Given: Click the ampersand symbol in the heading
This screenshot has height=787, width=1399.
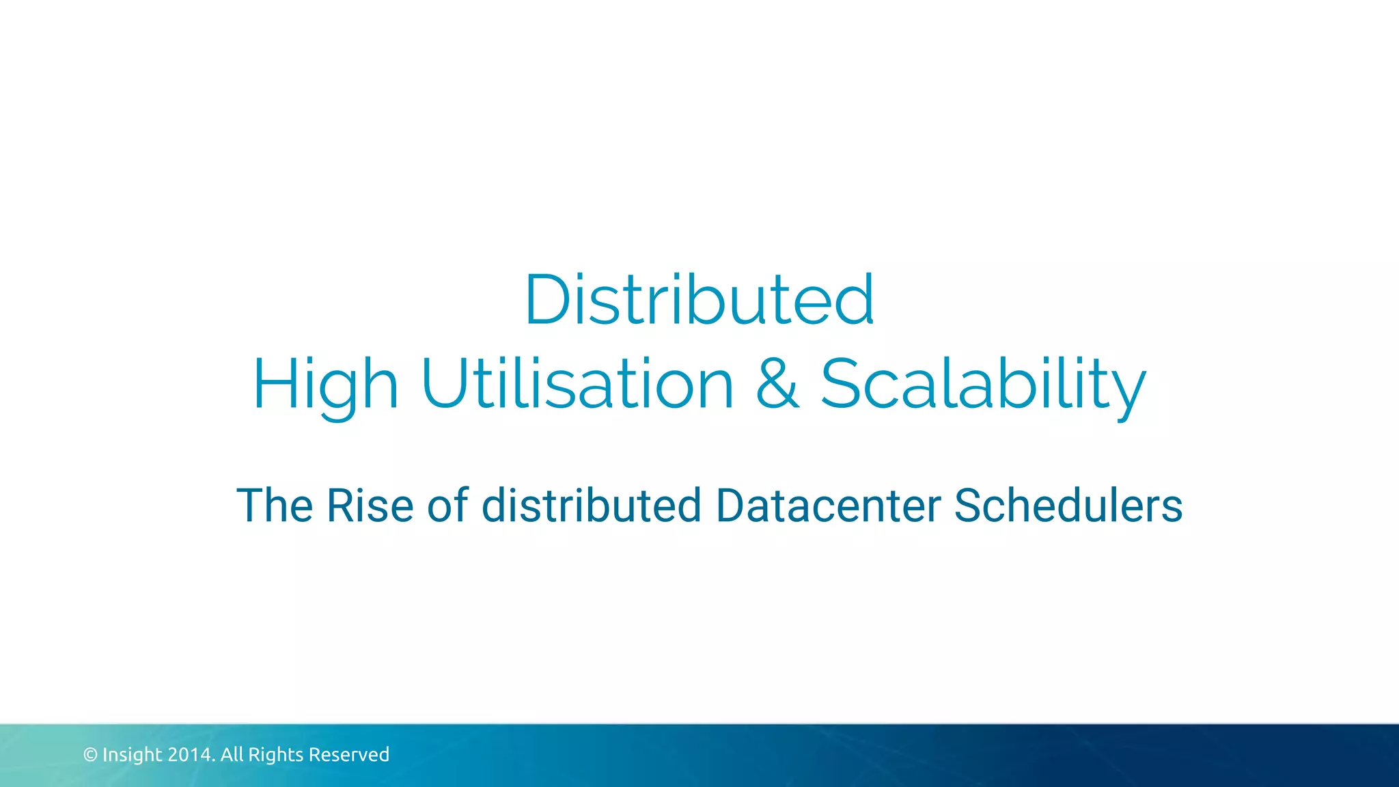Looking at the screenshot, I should (777, 384).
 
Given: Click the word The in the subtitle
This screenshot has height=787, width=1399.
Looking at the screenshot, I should (275, 506).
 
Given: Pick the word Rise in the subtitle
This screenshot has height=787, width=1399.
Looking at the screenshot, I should (370, 506).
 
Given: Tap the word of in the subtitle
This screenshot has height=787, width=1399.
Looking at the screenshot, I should (447, 506).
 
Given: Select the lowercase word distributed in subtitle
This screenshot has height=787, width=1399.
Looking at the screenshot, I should (592, 506).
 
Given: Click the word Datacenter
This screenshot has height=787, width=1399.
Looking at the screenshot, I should (828, 506).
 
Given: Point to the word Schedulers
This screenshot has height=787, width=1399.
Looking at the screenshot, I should (1068, 506).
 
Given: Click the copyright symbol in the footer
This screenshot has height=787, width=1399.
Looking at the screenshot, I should (90, 755).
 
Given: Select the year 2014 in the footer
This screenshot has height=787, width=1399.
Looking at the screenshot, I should (191, 755).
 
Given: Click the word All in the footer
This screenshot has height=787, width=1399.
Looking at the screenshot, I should (232, 755).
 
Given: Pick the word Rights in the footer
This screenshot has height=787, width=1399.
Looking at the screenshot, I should (275, 755).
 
